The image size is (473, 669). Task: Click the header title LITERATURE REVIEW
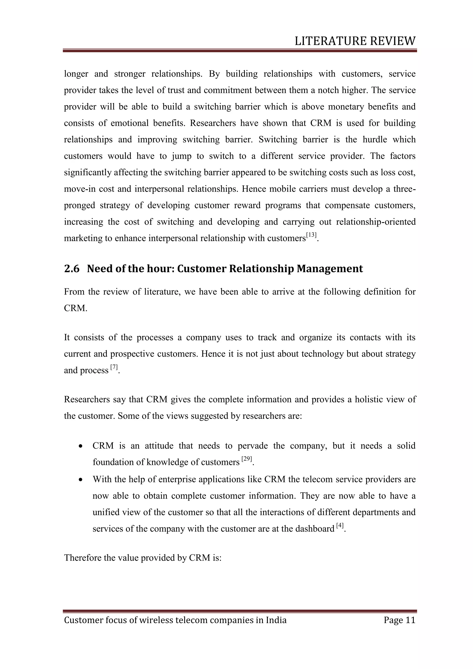coord(355,41)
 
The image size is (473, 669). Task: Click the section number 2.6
coord(72,269)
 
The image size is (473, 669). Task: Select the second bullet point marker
coord(81,480)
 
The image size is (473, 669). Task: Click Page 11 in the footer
coord(399,620)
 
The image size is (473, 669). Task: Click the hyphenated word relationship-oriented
coord(376,222)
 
